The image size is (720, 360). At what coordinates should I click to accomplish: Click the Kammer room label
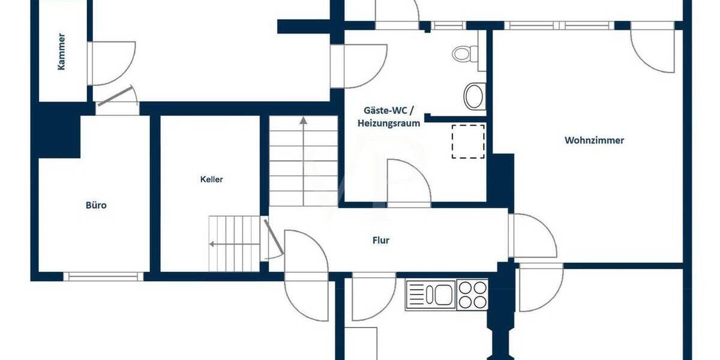pyautogui.click(x=61, y=52)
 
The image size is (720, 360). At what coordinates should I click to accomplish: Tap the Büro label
pyautogui.click(x=96, y=205)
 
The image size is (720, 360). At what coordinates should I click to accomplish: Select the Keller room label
pyautogui.click(x=212, y=179)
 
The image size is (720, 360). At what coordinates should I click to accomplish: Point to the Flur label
pyautogui.click(x=381, y=240)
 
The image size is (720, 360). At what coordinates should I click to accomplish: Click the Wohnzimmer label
pyautogui.click(x=594, y=140)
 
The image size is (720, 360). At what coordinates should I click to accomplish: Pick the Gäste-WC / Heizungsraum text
pyautogui.click(x=388, y=117)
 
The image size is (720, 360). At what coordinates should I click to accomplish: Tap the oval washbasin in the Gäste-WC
pyautogui.click(x=475, y=96)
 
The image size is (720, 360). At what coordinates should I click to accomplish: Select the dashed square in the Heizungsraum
pyautogui.click(x=468, y=141)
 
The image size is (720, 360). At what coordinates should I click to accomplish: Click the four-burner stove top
pyautogui.click(x=473, y=295)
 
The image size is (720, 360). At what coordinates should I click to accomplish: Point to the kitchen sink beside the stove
pyautogui.click(x=431, y=294)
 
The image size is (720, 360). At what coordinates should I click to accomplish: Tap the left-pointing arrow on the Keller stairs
pyautogui.click(x=212, y=244)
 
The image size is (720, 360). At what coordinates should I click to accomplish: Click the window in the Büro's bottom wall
pyautogui.click(x=103, y=277)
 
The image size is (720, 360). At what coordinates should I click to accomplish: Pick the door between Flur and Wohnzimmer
pyautogui.click(x=531, y=235)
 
